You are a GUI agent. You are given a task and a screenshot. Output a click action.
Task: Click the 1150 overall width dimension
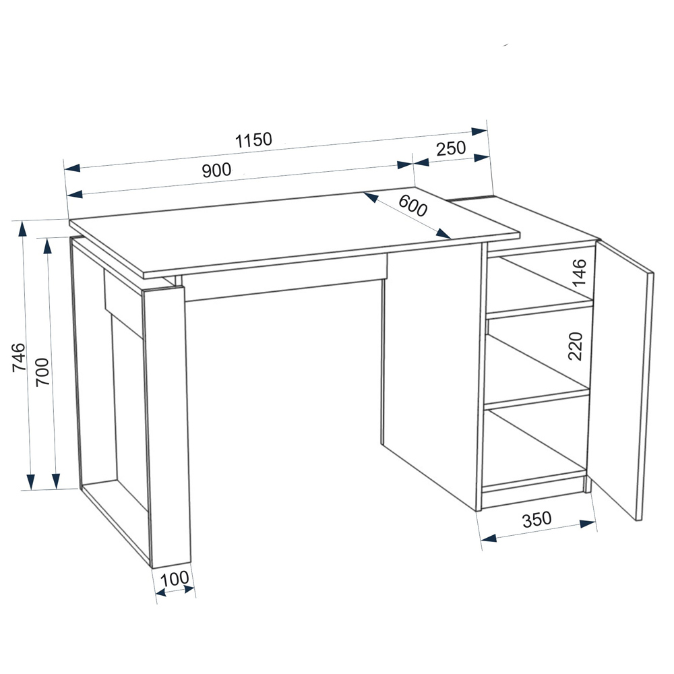pyautogui.click(x=253, y=140)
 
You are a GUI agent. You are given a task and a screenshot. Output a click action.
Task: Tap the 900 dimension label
pyautogui.click(x=216, y=171)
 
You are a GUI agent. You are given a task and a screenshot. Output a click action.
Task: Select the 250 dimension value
pyautogui.click(x=451, y=148)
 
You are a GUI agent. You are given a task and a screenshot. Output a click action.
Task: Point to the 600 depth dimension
pyautogui.click(x=412, y=206)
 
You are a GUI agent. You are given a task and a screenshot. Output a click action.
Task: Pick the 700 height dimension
pyautogui.click(x=43, y=372)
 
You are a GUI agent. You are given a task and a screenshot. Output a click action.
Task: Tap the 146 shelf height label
pyautogui.click(x=579, y=272)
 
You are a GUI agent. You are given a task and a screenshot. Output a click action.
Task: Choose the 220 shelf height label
pyautogui.click(x=575, y=346)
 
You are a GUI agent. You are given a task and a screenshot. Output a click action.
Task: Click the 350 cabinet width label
pyautogui.click(x=537, y=519)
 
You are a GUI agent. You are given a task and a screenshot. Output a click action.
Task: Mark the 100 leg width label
pyautogui.click(x=175, y=579)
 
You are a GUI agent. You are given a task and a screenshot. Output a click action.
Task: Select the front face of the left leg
pyautogui.click(x=166, y=425)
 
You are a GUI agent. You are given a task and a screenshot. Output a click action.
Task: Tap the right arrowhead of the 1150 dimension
pyautogui.click(x=479, y=131)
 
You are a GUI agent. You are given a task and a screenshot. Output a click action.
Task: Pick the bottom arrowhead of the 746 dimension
pyautogui.click(x=30, y=482)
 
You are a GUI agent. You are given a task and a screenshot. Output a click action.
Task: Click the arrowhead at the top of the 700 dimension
pyautogui.click(x=48, y=246)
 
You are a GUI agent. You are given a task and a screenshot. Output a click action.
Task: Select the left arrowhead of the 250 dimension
pyautogui.click(x=421, y=162)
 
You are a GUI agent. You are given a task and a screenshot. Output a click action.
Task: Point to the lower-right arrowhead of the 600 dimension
pyautogui.click(x=443, y=234)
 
